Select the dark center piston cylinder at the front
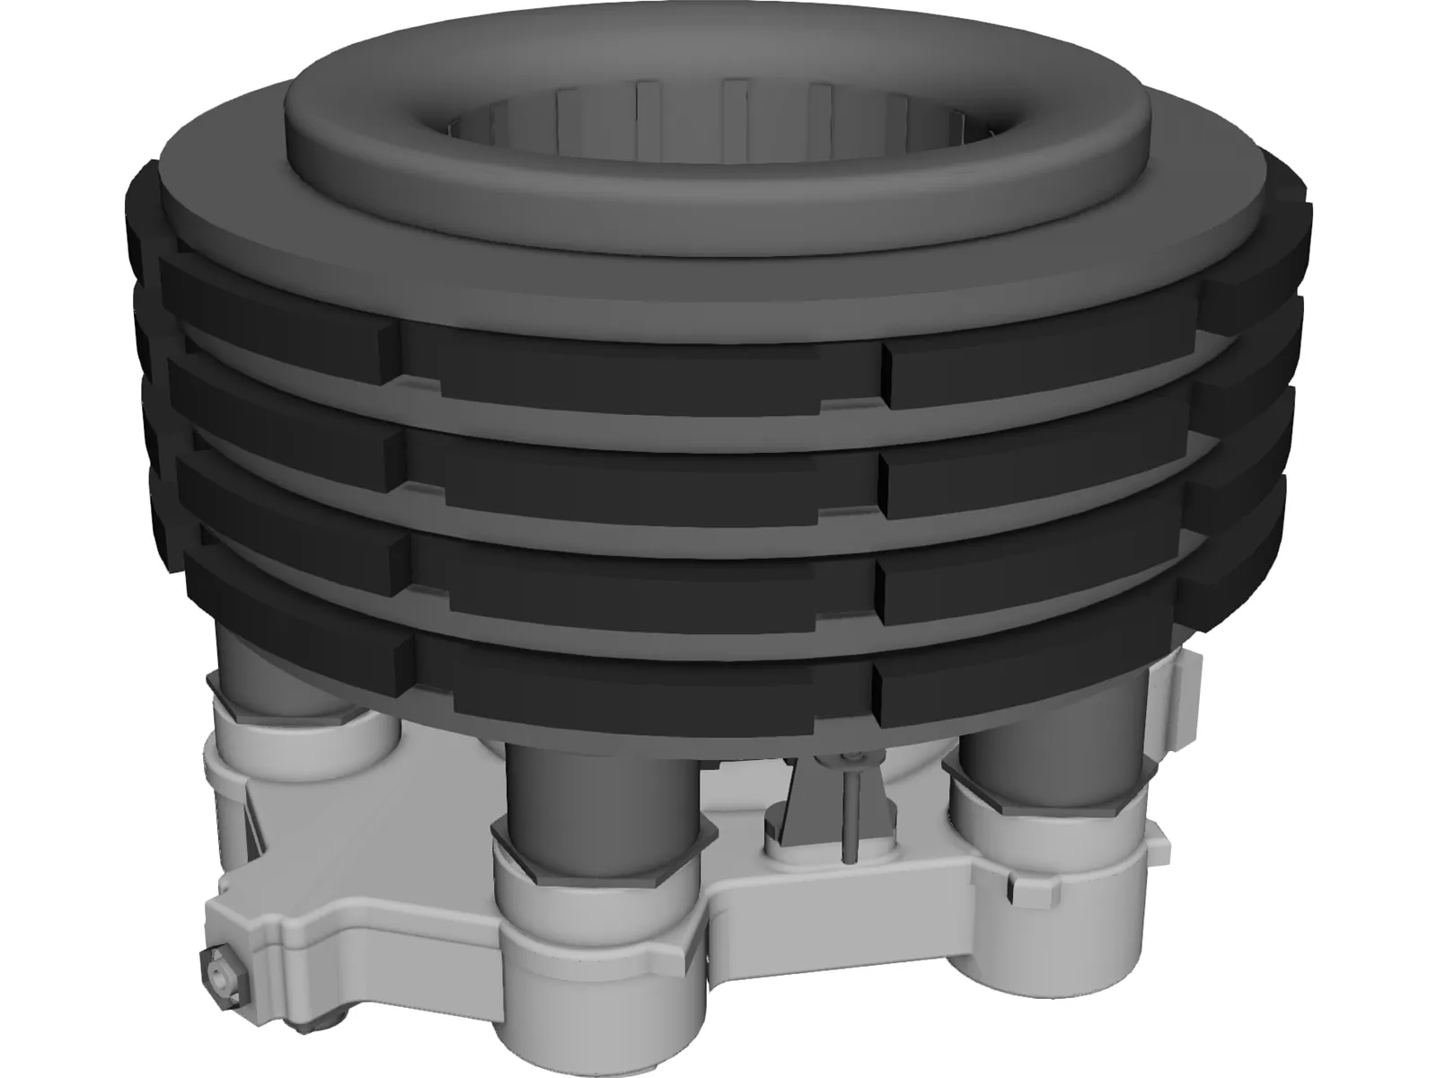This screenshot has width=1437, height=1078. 600,791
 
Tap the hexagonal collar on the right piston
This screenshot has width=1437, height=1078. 1046,791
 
